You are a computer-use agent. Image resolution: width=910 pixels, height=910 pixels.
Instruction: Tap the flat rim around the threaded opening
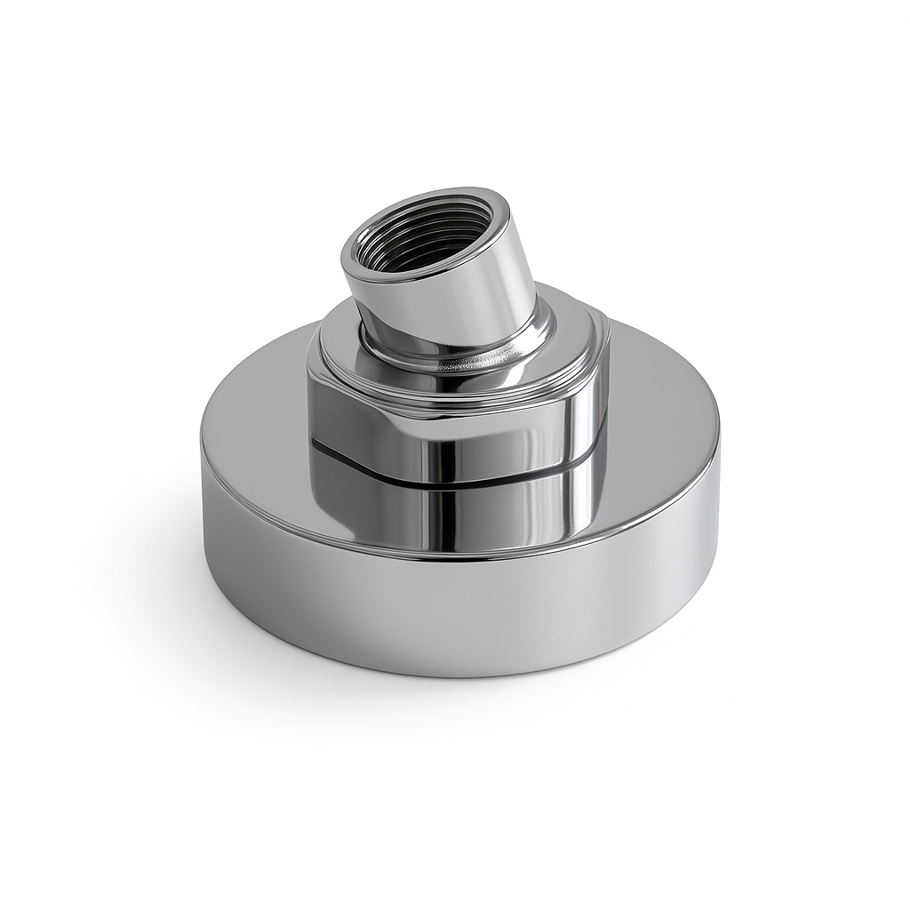(427, 196)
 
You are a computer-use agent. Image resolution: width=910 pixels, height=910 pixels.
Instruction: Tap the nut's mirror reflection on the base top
(462, 511)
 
